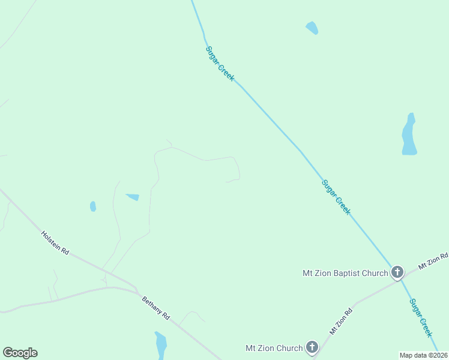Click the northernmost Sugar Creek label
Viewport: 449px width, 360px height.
click(x=220, y=64)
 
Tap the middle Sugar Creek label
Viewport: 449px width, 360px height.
click(x=336, y=197)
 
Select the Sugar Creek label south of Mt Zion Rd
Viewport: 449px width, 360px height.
click(x=421, y=318)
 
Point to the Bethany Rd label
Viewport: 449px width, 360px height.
click(x=156, y=308)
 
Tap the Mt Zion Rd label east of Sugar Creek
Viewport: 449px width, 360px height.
click(x=433, y=260)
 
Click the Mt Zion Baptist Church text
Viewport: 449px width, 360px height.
click(x=345, y=274)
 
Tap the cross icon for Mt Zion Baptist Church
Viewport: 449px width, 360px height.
click(x=397, y=273)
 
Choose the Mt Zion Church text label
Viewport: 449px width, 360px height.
click(x=274, y=347)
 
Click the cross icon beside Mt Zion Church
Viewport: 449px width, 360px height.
click(x=312, y=347)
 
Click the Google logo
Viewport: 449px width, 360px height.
click(x=20, y=353)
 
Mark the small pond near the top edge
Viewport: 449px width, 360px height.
click(x=312, y=28)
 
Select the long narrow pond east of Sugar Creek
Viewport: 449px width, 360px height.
click(x=409, y=135)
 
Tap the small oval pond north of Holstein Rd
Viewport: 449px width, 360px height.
click(x=93, y=206)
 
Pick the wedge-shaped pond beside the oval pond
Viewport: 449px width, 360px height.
click(x=133, y=197)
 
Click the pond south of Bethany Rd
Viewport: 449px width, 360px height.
click(x=160, y=345)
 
